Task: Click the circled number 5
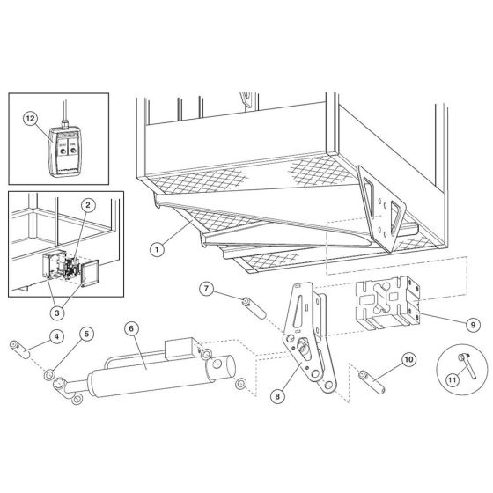(x=86, y=334)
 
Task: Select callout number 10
(x=408, y=359)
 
